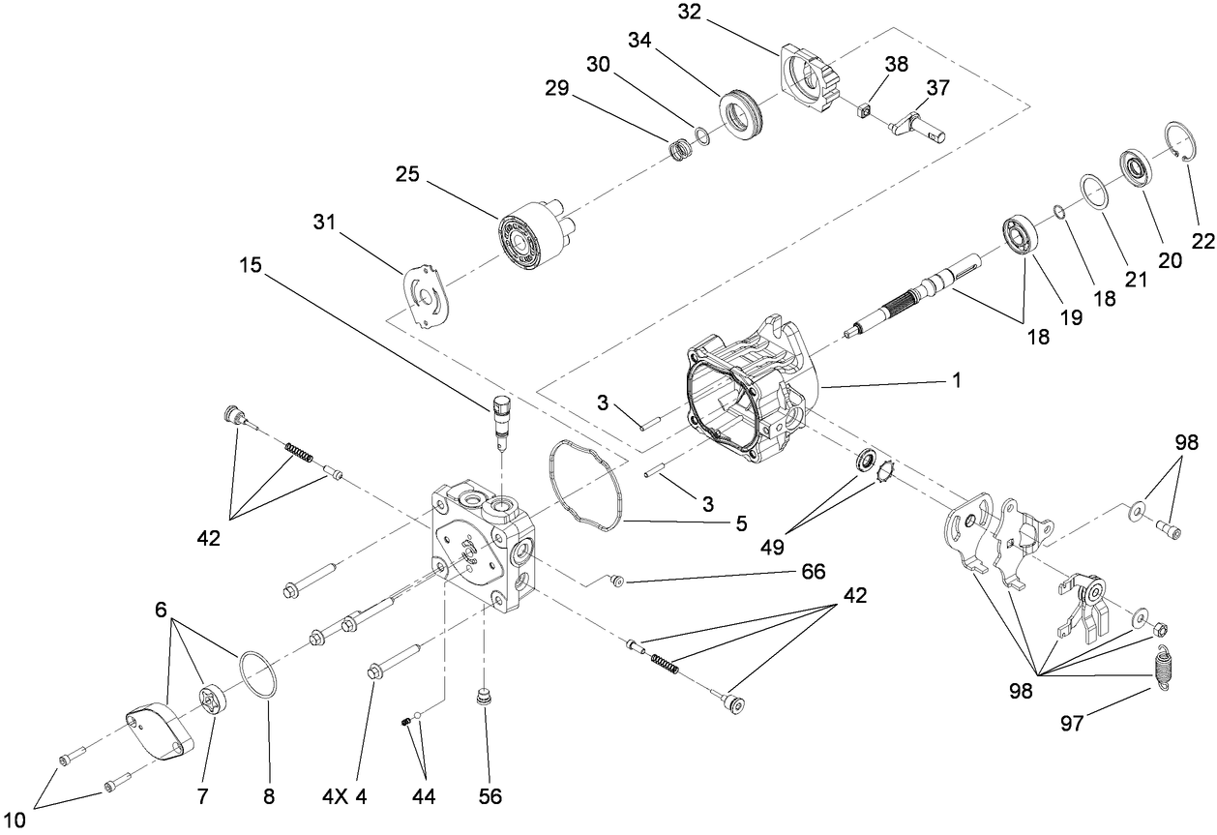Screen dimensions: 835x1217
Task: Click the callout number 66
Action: pyautogui.click(x=812, y=572)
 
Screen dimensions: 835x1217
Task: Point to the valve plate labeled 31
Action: pyautogui.click(x=426, y=296)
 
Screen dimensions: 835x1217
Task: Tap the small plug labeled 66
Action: pyautogui.click(x=617, y=581)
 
